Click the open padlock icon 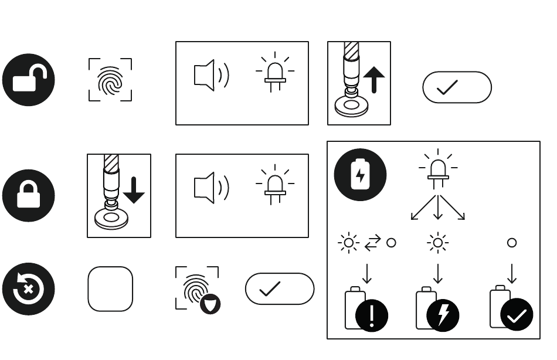click(x=29, y=80)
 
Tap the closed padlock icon click(x=29, y=196)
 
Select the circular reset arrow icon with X click(x=29, y=289)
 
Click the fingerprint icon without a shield click(x=110, y=80)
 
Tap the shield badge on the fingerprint click(x=210, y=304)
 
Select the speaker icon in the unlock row click(x=210, y=75)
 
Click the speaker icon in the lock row click(x=210, y=188)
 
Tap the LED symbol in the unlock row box click(x=275, y=73)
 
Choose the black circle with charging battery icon click(x=360, y=175)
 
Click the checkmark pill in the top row click(x=457, y=87)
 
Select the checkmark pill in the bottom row click(x=280, y=288)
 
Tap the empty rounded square click(x=110, y=289)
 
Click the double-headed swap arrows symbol click(x=372, y=243)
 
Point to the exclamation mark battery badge click(x=372, y=315)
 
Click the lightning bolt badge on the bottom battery click(x=443, y=315)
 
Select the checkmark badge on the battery click(x=517, y=315)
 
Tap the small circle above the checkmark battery click(x=512, y=243)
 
